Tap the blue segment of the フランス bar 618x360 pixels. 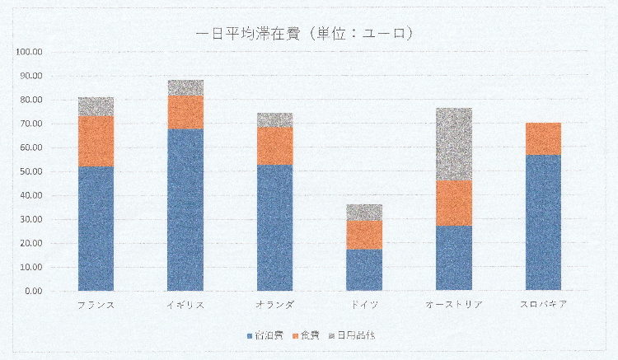96,228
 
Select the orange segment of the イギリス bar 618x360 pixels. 185,112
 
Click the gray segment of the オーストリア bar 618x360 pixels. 454,144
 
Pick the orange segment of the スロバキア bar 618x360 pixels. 543,138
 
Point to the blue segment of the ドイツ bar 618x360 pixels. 364,269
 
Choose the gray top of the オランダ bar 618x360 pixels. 274,120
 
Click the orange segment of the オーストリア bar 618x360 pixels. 454,203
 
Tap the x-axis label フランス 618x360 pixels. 96,305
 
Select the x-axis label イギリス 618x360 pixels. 185,305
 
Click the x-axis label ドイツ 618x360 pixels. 364,305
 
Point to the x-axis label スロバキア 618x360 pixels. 543,305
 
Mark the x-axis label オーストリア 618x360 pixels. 454,305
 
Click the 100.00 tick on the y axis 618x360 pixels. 30,52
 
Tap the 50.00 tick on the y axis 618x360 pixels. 31,171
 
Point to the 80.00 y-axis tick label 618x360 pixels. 31,100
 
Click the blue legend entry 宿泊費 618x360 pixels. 268,335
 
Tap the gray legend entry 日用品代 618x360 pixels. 353,335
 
